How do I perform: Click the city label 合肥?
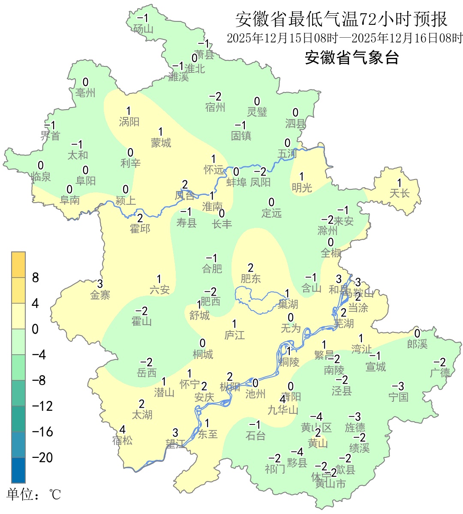[212, 269]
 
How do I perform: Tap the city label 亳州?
[85, 93]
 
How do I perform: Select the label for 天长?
[400, 194]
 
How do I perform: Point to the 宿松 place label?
[123, 440]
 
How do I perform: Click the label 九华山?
[283, 410]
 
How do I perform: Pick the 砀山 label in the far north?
[143, 29]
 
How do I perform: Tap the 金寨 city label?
[100, 295]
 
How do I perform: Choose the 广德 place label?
[440, 373]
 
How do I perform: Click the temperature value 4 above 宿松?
[123, 430]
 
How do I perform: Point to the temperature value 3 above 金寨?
[100, 284]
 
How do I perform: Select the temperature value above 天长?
[400, 183]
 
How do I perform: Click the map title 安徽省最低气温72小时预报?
[341, 19]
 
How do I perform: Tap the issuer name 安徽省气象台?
[352, 57]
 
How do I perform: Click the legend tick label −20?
[42, 457]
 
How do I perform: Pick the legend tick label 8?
[36, 278]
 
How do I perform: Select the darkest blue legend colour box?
[18, 470]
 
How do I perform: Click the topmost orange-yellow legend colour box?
[18, 265]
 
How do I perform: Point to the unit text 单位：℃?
[34, 495]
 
